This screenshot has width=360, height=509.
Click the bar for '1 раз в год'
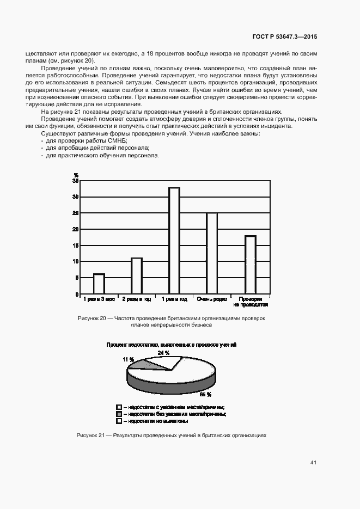point(174,241)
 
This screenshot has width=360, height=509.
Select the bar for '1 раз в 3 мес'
point(99,284)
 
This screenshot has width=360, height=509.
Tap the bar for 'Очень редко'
point(212,253)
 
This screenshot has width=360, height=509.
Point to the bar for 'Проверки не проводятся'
point(250,265)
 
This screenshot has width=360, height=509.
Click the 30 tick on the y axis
point(76,197)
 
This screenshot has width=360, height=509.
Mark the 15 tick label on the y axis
point(76,246)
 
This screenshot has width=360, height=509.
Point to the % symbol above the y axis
point(76,175)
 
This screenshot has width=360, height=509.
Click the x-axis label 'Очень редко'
point(212,299)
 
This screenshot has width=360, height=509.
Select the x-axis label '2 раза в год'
point(137,299)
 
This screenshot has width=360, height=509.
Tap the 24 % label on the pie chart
point(163,353)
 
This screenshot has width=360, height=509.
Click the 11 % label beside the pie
point(128,359)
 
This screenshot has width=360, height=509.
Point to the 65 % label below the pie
point(205,394)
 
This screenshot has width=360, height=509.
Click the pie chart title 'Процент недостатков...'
point(171,345)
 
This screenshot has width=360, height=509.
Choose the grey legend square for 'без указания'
point(119,414)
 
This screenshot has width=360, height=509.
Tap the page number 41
point(313,462)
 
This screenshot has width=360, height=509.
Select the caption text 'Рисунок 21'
point(91,436)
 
